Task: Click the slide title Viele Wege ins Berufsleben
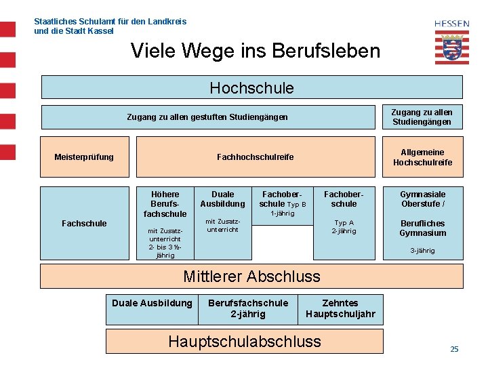click(x=255, y=51)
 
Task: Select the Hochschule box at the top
click(x=251, y=88)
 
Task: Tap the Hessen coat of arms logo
click(x=451, y=43)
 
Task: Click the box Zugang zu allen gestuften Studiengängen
click(x=207, y=117)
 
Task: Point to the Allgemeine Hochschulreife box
click(x=422, y=157)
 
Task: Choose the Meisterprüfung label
click(x=84, y=157)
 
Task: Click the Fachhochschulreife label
click(x=256, y=157)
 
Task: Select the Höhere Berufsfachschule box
click(x=165, y=204)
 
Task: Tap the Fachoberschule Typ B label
click(x=283, y=199)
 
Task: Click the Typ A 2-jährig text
click(x=344, y=226)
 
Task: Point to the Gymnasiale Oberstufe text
click(x=422, y=199)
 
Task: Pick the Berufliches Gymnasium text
click(x=422, y=228)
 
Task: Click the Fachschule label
click(x=84, y=223)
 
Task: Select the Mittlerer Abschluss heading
click(x=251, y=276)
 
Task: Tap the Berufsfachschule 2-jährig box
click(x=247, y=308)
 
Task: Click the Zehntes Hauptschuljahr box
click(x=340, y=308)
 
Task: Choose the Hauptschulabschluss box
click(x=244, y=341)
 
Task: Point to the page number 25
click(x=454, y=349)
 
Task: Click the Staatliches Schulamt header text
click(x=110, y=26)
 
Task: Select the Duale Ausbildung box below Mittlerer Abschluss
click(x=152, y=303)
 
